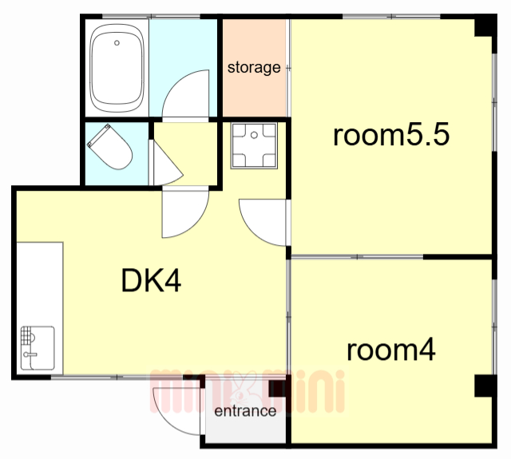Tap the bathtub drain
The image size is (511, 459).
pos(117,42)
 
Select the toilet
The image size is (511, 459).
pos(110,147)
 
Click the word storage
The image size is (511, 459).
pos(254,67)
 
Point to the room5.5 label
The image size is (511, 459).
pos(391,135)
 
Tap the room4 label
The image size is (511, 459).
pos(390,350)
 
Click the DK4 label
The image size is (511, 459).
pos(151,280)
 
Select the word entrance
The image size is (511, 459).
pos(245,411)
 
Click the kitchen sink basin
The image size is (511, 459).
pos(38,348)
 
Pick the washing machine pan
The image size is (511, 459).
pos(254,145)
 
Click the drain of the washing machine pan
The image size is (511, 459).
pos(254,135)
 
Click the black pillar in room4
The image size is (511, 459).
pos(485,386)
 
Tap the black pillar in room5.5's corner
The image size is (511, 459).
pos(485,26)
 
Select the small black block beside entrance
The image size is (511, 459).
pos(277,388)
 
